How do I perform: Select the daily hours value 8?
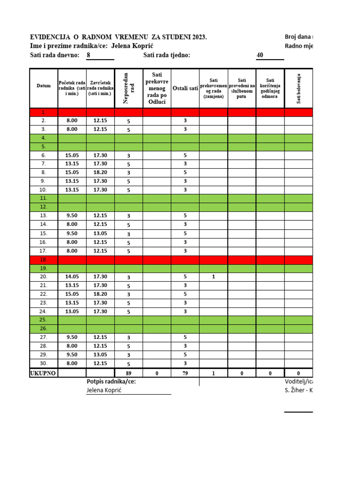coord(89,55)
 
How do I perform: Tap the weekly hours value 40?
coord(260,55)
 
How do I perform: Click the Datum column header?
coord(44,86)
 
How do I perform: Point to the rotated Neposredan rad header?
coord(128,88)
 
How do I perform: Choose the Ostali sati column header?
coord(185,88)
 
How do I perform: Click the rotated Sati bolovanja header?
coord(299,88)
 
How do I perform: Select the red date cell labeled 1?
coord(44,112)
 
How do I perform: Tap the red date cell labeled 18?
coord(44,259)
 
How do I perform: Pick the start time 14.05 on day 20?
coord(72,277)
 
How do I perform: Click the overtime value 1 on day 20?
coord(213,277)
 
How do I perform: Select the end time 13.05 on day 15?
coord(100,233)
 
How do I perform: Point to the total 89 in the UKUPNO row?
coord(128,374)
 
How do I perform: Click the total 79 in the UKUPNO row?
coord(185,374)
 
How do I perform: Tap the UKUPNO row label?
coord(44,373)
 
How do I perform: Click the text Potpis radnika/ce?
coord(111,382)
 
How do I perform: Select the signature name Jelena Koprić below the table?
coord(104,390)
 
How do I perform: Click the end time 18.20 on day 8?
coord(100,172)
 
